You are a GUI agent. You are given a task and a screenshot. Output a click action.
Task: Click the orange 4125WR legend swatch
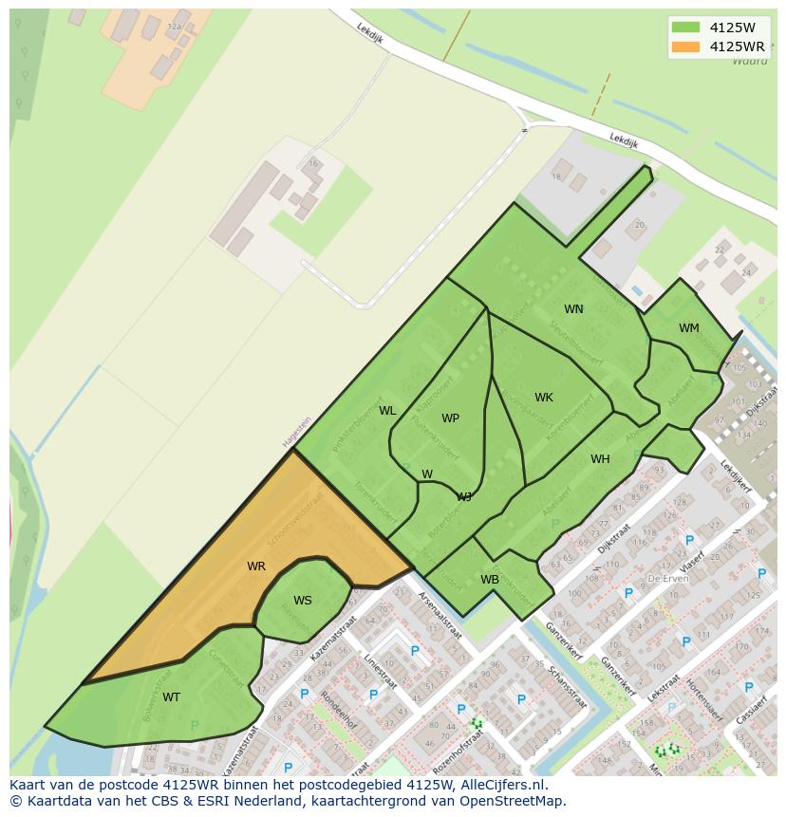[x=684, y=46]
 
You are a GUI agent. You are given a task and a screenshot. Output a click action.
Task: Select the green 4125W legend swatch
[x=684, y=27]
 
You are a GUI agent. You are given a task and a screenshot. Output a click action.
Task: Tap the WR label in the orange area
[x=256, y=566]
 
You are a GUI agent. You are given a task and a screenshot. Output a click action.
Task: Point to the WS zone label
[x=303, y=600]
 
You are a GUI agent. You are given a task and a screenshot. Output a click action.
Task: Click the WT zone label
[x=171, y=697]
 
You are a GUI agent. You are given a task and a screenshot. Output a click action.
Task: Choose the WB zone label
[x=490, y=579]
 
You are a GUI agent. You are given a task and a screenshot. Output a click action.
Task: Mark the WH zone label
[x=600, y=459]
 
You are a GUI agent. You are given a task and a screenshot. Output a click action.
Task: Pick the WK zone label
[x=543, y=398]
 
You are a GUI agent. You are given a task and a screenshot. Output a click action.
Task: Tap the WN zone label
[x=573, y=309]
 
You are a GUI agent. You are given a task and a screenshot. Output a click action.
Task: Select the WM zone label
[x=688, y=328]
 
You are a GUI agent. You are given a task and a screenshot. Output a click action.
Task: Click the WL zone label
[x=387, y=411]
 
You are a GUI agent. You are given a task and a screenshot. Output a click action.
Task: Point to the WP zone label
[x=450, y=418]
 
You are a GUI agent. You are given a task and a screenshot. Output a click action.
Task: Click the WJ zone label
[x=464, y=496]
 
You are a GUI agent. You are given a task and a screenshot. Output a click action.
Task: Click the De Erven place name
[x=666, y=577]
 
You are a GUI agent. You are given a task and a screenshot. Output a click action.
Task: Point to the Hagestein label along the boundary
[x=296, y=432]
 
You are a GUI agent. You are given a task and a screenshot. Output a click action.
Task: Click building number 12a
[x=174, y=28]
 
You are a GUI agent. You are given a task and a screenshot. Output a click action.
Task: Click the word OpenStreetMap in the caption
[x=511, y=801]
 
